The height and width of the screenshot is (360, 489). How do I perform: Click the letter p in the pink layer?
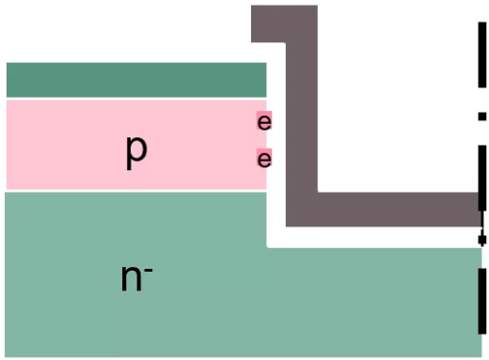[136, 152]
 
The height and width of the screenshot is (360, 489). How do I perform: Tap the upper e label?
[264, 121]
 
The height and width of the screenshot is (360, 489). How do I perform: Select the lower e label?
[264, 159]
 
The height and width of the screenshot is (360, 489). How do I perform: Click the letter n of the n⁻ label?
[132, 279]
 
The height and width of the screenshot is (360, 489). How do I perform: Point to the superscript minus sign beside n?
[149, 270]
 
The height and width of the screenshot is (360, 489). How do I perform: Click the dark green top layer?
[136, 80]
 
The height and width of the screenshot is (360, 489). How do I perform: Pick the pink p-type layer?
[136, 145]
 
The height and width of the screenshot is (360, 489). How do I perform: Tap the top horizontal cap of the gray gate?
[284, 23]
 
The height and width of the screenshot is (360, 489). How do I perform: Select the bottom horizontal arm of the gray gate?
[384, 210]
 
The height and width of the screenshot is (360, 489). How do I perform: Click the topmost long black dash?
[482, 55]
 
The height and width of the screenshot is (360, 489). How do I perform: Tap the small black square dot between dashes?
[482, 117]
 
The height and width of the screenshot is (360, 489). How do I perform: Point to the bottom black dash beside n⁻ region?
[482, 301]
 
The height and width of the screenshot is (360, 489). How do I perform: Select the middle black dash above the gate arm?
[482, 178]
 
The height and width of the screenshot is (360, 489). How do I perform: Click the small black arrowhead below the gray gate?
[482, 241]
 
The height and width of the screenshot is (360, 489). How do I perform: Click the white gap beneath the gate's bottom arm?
[374, 237]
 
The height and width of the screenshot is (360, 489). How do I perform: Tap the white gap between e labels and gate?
[276, 141]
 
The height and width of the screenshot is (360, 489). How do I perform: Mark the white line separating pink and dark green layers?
[136, 99]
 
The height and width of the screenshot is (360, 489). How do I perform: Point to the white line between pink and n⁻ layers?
[136, 191]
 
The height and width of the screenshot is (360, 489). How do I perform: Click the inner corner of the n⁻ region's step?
[267, 248]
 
